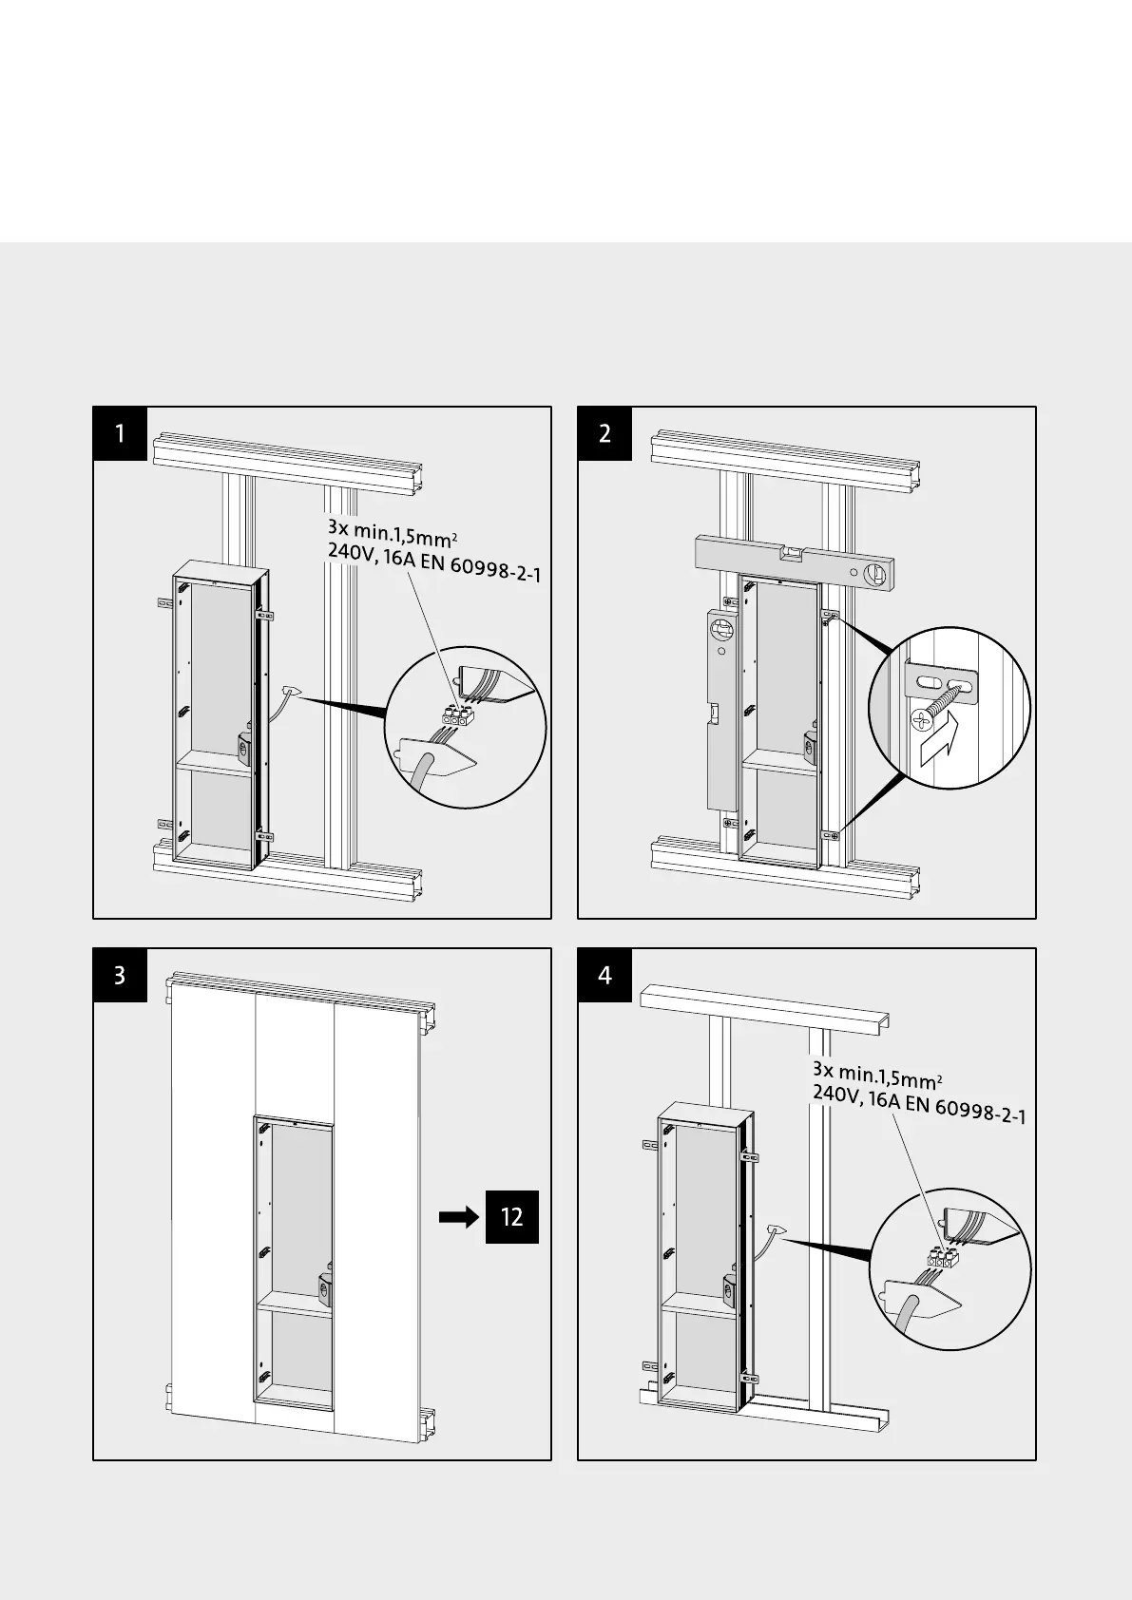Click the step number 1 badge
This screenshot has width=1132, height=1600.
120,434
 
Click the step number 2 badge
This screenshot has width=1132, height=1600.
605,434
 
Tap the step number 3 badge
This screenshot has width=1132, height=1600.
120,976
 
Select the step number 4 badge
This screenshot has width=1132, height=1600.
605,976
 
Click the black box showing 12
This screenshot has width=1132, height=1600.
512,1216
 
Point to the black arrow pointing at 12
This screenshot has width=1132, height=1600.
459,1217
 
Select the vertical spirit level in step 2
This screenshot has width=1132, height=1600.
720,708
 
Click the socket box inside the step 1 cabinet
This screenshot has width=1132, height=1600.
243,748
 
